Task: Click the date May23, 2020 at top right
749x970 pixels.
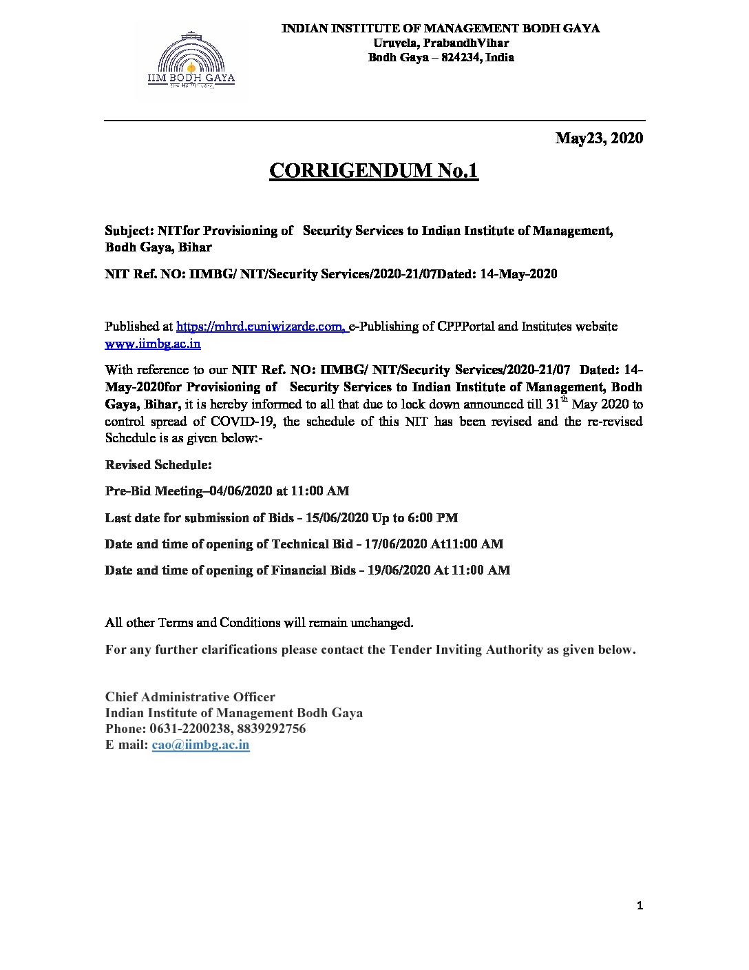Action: click(599, 138)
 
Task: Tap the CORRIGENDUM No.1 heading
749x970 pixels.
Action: click(373, 171)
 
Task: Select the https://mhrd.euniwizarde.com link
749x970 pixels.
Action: click(261, 327)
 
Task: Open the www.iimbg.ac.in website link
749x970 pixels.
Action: click(153, 343)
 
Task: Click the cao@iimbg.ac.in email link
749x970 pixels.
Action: click(200, 745)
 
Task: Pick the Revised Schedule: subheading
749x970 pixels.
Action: click(158, 465)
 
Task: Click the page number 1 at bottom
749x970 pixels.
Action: click(640, 906)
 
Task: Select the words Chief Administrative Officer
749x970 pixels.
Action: click(190, 696)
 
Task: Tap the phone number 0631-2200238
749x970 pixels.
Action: click(192, 728)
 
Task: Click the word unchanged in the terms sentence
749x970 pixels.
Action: click(381, 623)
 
